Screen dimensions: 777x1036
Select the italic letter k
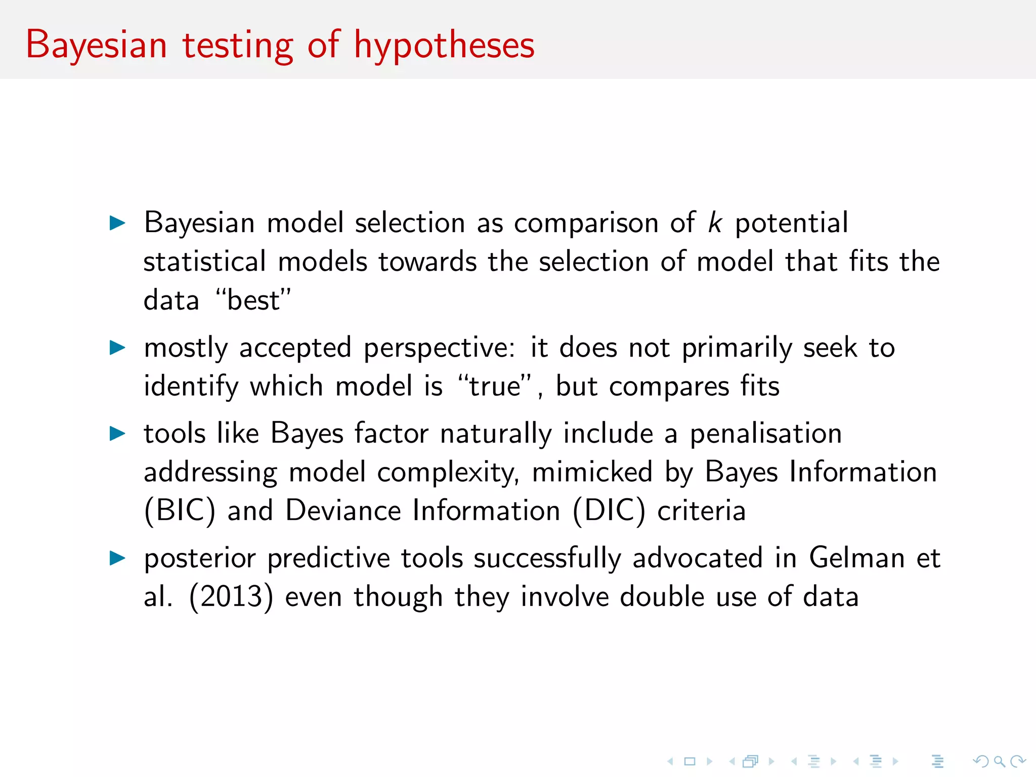tap(715, 223)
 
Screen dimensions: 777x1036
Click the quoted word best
tap(253, 300)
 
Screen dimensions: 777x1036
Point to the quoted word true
tap(495, 386)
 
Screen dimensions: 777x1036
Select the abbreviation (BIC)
tap(180, 511)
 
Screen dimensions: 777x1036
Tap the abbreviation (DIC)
tap(609, 511)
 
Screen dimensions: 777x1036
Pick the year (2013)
tap(231, 597)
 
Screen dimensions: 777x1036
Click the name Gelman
tap(857, 558)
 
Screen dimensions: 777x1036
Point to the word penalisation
tap(766, 434)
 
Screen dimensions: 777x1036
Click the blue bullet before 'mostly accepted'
tap(117, 348)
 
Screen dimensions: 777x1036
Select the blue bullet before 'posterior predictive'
tap(117, 558)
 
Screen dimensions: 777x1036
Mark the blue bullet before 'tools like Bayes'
tap(117, 434)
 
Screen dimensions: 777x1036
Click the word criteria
tap(702, 511)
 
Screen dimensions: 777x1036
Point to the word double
tap(662, 597)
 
